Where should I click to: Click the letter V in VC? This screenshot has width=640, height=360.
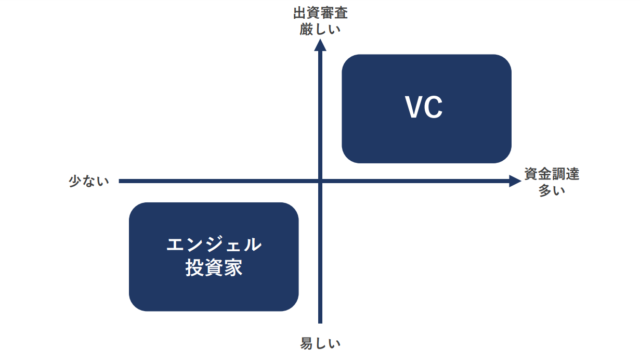(414, 108)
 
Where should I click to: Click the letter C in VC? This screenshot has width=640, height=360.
(434, 108)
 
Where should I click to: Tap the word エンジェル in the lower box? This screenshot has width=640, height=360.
(214, 245)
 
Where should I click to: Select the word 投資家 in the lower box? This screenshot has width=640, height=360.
(214, 268)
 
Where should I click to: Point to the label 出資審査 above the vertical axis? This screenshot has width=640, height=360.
(320, 12)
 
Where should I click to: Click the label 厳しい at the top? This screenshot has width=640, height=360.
(320, 29)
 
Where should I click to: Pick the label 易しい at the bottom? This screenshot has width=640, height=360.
(320, 343)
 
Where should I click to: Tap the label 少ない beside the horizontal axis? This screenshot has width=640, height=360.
(89, 181)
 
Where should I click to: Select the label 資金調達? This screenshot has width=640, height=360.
(551, 174)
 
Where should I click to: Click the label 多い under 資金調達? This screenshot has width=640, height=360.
(551, 190)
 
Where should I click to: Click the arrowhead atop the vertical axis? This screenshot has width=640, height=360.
(320, 45)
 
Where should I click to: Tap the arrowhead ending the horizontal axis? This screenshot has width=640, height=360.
(515, 181)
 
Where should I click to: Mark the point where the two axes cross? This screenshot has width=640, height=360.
(320, 181)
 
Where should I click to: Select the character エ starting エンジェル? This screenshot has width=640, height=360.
(176, 245)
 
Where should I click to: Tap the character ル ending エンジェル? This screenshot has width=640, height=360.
(252, 245)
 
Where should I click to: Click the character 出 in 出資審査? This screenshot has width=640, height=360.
(300, 12)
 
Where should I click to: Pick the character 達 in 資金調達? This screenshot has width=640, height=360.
(572, 174)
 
